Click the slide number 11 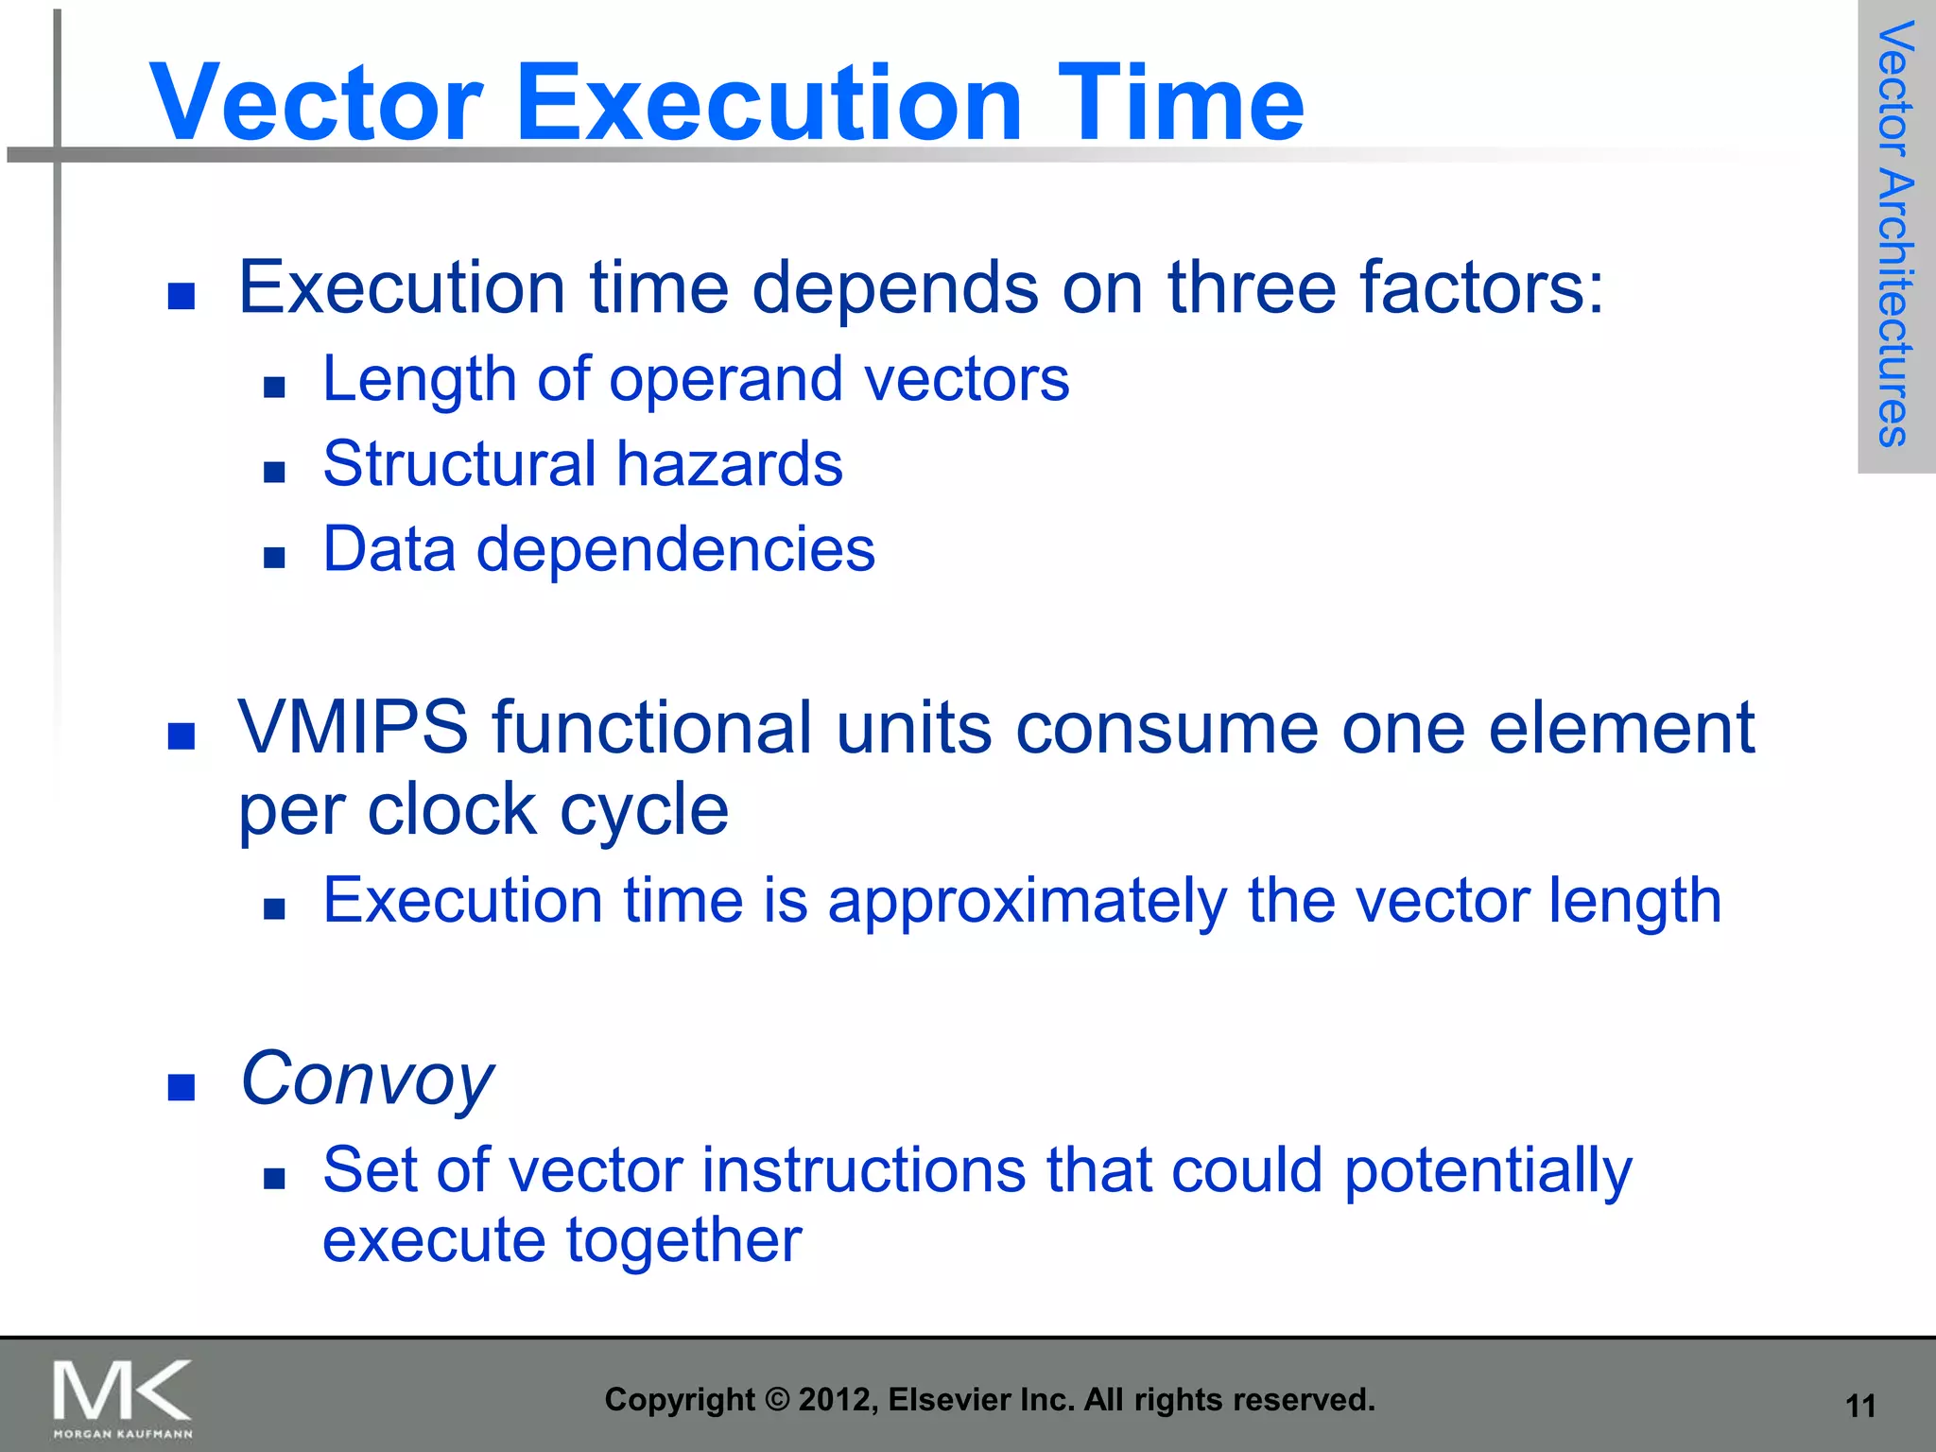[x=1860, y=1407]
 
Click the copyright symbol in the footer [x=776, y=1400]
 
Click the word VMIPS [x=353, y=728]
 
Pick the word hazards [x=729, y=464]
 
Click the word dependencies [x=675, y=549]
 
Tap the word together [x=683, y=1241]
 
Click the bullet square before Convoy [x=181, y=1087]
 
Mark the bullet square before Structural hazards [x=274, y=472]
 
